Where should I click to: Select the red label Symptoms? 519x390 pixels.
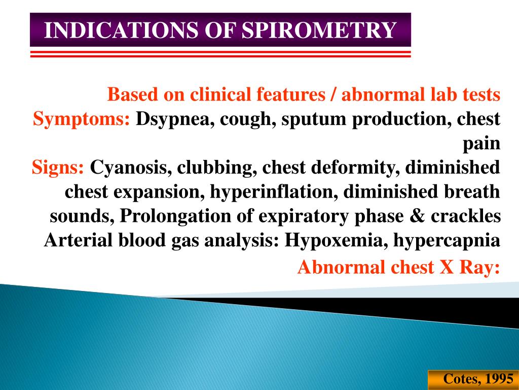pyautogui.click(x=82, y=120)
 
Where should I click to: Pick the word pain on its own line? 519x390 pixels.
pyautogui.click(x=482, y=144)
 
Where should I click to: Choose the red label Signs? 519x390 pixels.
pyautogui.click(x=58, y=167)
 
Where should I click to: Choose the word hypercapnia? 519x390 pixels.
pyautogui.click(x=446, y=239)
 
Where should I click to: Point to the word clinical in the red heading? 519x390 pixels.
pyautogui.click(x=221, y=94)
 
